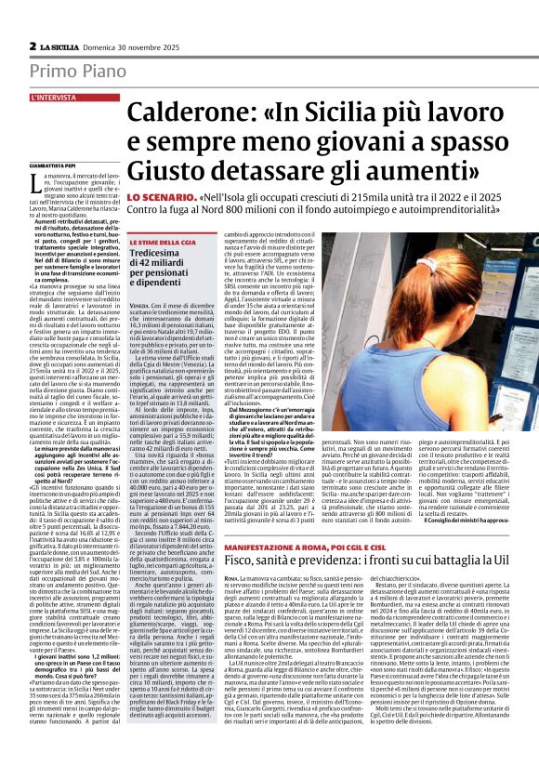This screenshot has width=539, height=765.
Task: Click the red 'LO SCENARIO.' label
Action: [161, 199]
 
